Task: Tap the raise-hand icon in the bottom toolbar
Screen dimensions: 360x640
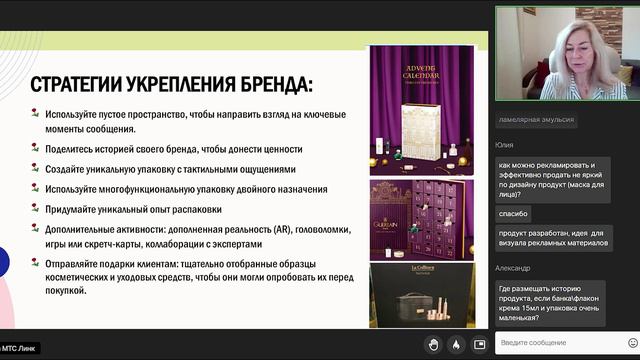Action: [433, 344]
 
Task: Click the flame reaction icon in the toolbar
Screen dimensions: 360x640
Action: [456, 344]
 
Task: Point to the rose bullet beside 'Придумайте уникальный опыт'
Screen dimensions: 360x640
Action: [35, 210]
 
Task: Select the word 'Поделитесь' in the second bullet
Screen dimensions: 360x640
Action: [74, 148]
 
